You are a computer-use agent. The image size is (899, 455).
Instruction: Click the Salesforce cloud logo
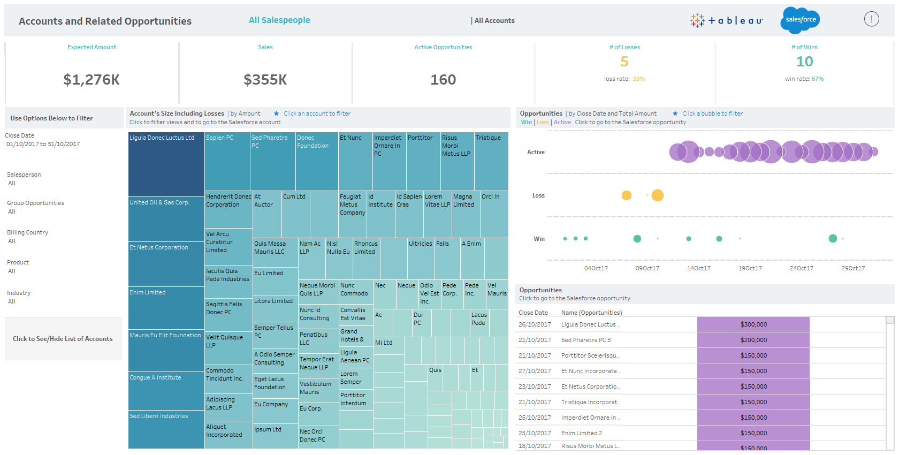tap(801, 20)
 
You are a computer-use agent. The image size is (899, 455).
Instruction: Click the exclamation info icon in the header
tap(871, 19)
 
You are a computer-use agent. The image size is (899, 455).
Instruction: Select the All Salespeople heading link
tap(279, 20)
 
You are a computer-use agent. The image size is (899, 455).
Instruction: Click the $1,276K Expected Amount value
tap(92, 80)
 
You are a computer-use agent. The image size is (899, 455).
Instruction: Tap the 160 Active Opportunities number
tap(443, 80)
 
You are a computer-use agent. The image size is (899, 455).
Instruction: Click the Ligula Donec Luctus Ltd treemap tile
tap(166, 166)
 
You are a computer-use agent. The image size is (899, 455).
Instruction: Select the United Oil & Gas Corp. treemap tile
tap(166, 219)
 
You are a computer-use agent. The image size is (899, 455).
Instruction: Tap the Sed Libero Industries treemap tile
tap(166, 431)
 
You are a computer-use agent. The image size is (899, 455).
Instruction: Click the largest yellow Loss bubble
tap(658, 195)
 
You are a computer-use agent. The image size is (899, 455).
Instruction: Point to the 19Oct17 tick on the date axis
tap(750, 268)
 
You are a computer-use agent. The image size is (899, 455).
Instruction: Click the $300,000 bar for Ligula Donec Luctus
tap(753, 324)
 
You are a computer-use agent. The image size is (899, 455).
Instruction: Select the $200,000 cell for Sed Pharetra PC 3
tap(753, 340)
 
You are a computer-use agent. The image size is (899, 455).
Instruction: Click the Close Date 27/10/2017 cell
tap(534, 371)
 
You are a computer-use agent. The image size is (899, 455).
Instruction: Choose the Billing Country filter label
tap(27, 232)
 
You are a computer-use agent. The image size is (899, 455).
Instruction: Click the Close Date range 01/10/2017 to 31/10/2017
tap(43, 144)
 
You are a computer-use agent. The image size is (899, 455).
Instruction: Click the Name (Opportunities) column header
tap(591, 313)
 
